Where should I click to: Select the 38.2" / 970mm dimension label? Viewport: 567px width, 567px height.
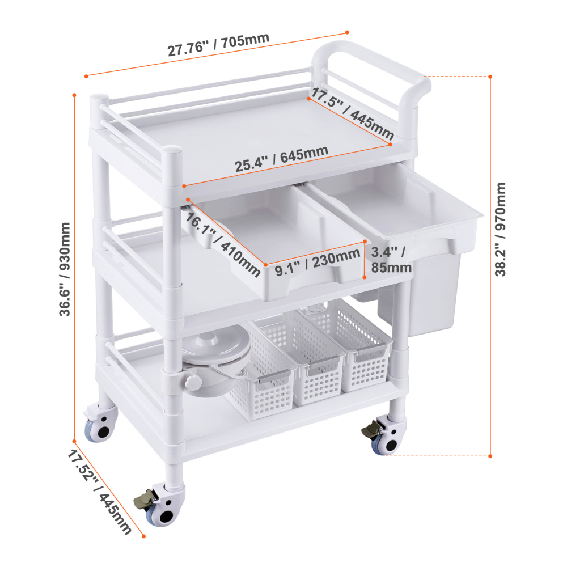click(501, 230)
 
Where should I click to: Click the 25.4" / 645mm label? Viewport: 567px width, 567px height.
click(281, 160)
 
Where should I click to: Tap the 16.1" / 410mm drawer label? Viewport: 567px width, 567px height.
click(221, 241)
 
